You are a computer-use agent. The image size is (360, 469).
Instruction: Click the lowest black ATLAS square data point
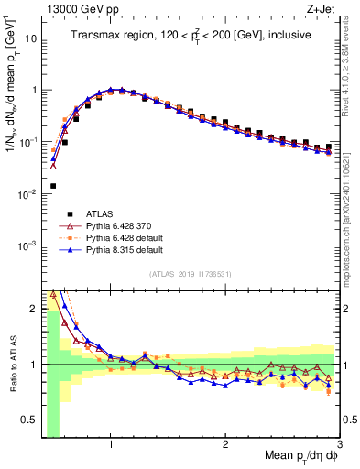coord(52,186)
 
